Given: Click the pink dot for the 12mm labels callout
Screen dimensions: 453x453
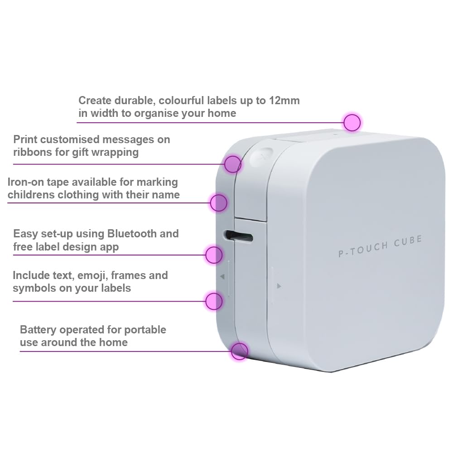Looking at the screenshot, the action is pos(352,122).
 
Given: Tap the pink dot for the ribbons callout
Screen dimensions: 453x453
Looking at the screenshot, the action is pos(232,164).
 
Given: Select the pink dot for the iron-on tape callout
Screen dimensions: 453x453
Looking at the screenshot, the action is pos(219,203).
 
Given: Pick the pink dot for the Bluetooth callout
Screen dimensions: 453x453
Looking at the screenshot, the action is pos(214,255).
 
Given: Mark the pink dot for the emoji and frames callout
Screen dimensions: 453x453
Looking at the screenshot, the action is pos(214,301).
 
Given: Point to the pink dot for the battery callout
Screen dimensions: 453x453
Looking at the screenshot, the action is pos(239,352).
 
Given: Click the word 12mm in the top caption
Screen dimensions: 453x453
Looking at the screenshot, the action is pos(284,101).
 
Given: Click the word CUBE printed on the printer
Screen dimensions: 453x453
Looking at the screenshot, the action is pos(408,241).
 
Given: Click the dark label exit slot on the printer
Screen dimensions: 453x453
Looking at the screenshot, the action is pos(239,236).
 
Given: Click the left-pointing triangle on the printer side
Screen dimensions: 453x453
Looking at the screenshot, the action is pos(222,277).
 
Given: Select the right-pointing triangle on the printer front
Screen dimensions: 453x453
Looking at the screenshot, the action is pos(279,286).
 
